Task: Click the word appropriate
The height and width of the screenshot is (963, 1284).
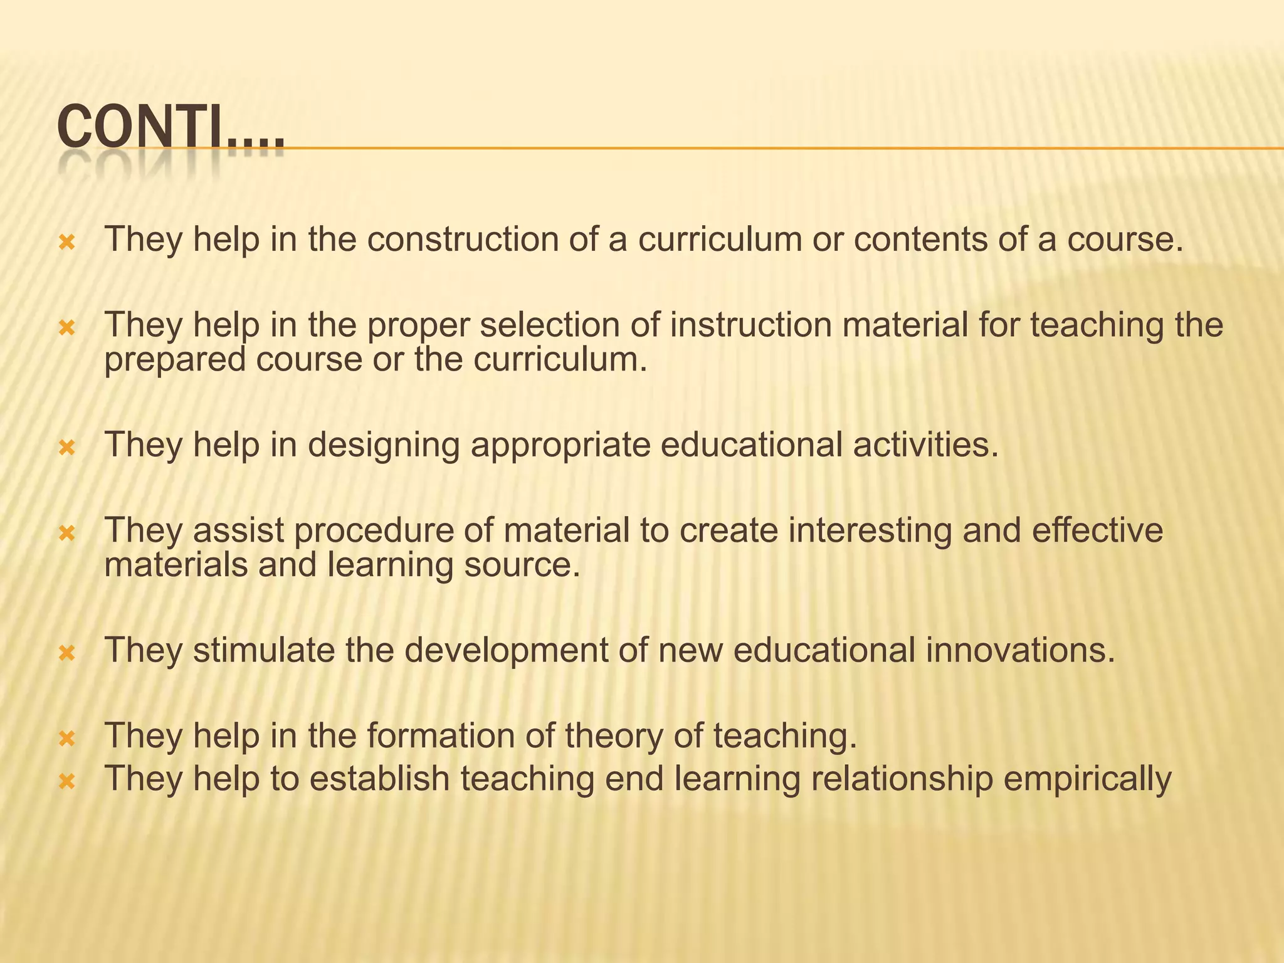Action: click(561, 445)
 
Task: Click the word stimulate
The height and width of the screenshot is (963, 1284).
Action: click(263, 650)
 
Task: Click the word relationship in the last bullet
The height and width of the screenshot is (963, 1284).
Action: click(902, 779)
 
